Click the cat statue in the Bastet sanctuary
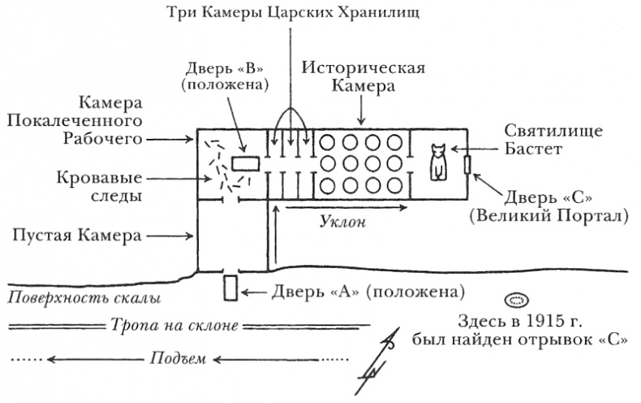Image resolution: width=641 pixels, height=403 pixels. click(x=439, y=162)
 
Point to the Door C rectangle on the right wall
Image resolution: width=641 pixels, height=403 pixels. click(x=467, y=164)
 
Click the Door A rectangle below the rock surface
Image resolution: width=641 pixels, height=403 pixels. click(x=230, y=288)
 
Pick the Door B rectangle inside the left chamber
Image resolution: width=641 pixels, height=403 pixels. click(x=244, y=162)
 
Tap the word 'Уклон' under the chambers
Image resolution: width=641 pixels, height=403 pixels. click(x=341, y=223)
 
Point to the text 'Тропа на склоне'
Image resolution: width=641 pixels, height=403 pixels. click(x=173, y=327)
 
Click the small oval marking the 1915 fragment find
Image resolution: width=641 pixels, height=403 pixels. click(x=515, y=298)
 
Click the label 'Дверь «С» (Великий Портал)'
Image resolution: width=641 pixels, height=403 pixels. click(x=553, y=206)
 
